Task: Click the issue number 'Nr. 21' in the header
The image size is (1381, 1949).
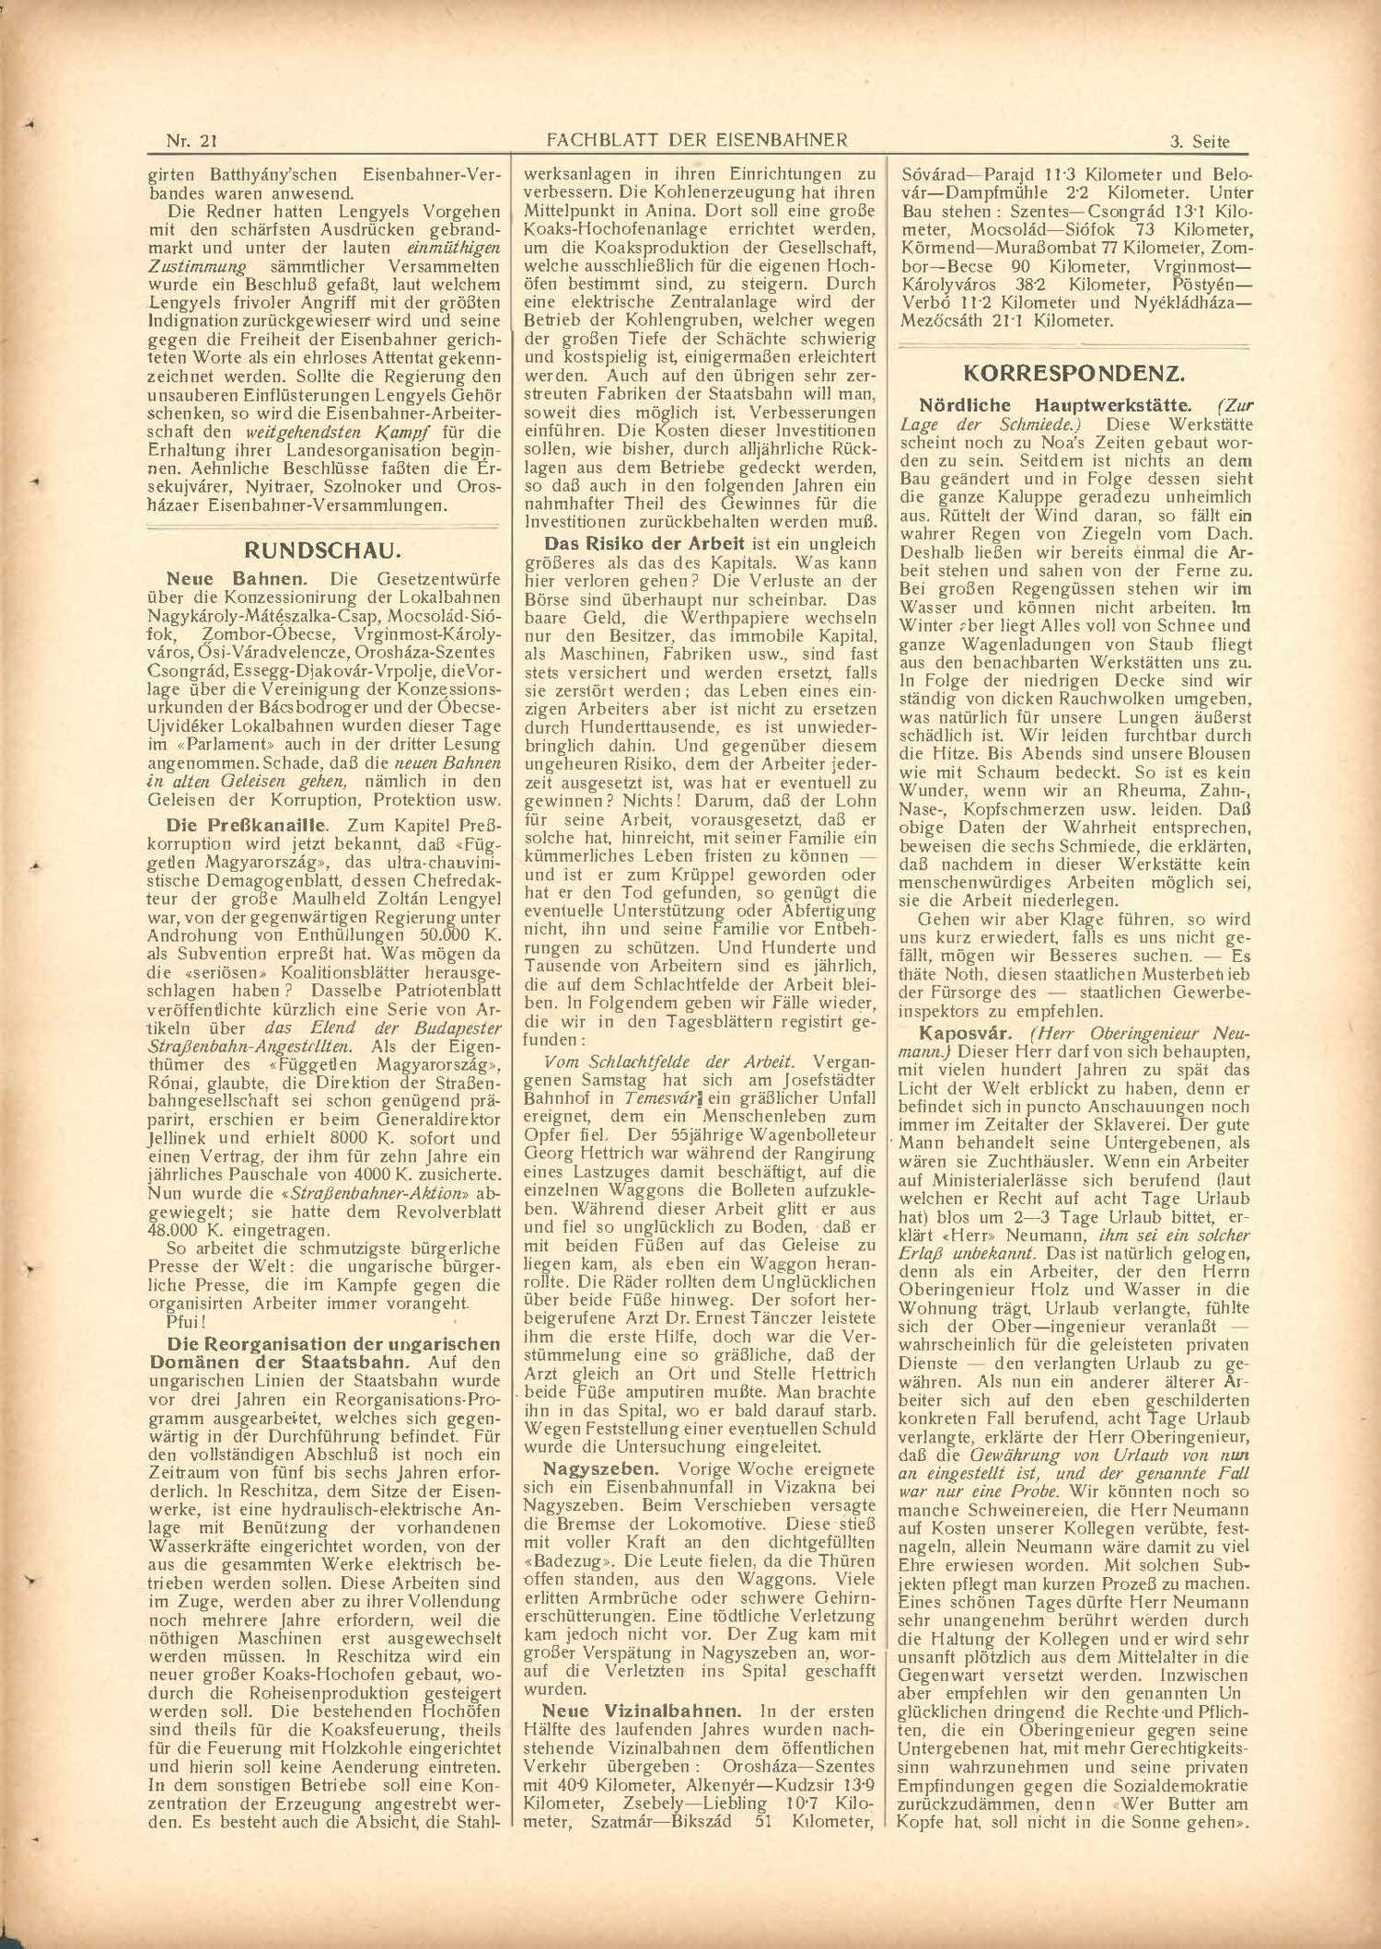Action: [191, 141]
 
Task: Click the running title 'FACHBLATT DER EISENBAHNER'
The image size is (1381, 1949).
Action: [696, 140]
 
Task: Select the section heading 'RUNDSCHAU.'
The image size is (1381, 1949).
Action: [321, 551]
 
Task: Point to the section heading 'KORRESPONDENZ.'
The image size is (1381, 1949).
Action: [1073, 374]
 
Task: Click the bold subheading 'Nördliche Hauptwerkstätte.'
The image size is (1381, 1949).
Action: [1055, 405]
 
